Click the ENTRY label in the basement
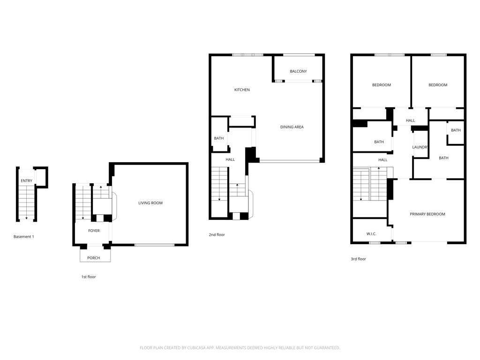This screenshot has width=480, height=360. point(26,181)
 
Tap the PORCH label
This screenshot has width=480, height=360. point(93,258)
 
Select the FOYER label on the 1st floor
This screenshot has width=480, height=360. point(94,231)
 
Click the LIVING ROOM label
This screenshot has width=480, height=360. point(150,202)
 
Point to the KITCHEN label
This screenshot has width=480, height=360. point(242,90)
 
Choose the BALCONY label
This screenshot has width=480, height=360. point(298,71)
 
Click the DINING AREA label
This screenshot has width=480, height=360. point(292,127)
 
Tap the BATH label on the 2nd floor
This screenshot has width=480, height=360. point(218,138)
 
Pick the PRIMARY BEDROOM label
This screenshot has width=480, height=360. point(427,214)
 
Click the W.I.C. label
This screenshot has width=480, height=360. point(371,234)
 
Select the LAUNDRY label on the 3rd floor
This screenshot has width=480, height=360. point(420,147)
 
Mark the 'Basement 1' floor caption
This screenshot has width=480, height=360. point(23,237)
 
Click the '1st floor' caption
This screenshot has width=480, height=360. point(89,277)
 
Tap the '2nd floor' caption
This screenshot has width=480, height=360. point(217,235)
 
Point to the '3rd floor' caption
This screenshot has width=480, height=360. point(358,259)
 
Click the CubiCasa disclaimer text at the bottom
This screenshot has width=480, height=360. point(240,348)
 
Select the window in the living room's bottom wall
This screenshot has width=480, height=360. point(155,245)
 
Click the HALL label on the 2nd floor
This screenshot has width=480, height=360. point(230,159)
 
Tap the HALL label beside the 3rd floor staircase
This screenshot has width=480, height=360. point(382,160)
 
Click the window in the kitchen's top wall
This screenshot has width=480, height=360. point(247,55)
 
